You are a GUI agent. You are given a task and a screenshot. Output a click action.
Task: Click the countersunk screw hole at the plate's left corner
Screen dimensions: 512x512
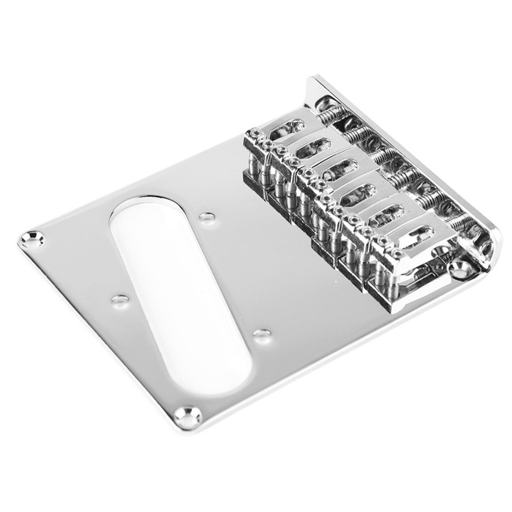(32, 240)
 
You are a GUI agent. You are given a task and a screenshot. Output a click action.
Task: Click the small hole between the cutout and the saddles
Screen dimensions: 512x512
(207, 218)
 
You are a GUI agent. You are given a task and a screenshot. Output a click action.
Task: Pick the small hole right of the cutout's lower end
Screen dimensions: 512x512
(262, 334)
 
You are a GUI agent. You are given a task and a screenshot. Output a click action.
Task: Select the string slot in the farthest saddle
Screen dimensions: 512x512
(288, 128)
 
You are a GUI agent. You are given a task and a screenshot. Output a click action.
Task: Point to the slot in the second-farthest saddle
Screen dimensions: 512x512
(312, 146)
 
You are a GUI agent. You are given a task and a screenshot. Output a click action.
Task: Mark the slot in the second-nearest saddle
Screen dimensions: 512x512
(387, 212)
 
